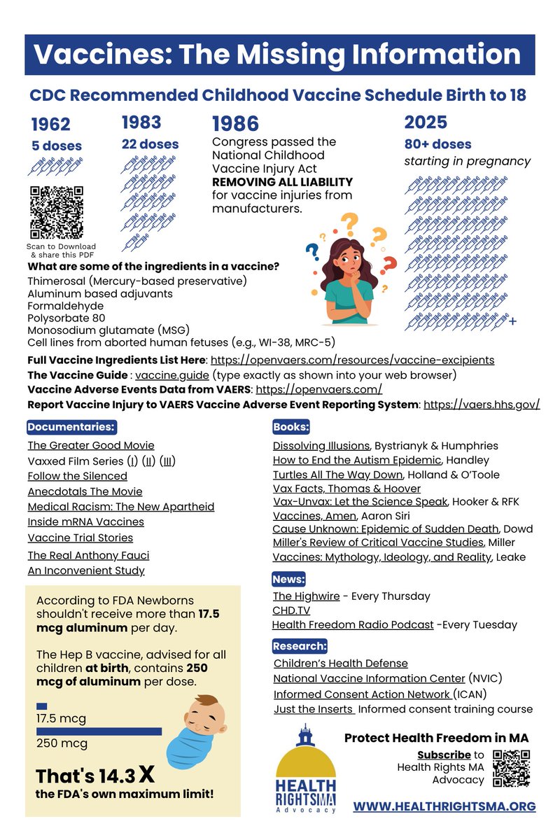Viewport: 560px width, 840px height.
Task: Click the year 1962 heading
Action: [x=51, y=125]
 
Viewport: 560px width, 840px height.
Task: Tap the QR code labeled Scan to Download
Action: [x=56, y=213]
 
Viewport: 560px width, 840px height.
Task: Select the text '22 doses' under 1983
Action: [x=150, y=144]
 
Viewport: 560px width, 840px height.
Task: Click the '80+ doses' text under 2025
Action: [x=437, y=144]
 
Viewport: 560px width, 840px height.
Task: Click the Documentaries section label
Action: [x=71, y=426]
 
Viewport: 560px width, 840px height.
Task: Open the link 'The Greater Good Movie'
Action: [x=91, y=445]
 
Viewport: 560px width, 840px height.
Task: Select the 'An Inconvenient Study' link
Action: [x=86, y=570]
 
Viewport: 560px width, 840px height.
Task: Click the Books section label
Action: [x=291, y=426]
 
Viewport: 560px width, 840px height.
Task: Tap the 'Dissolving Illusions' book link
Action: [x=321, y=445]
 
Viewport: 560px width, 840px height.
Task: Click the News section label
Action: [x=289, y=579]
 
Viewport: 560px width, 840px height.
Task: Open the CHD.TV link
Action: [x=290, y=610]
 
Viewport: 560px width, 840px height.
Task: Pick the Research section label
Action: [x=300, y=645]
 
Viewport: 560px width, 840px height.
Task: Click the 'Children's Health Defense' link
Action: [x=340, y=663]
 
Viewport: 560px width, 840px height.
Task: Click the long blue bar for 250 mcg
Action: [x=99, y=731]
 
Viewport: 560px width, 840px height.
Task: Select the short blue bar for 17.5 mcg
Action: [x=41, y=706]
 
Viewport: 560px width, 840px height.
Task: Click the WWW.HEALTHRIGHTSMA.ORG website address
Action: [x=444, y=806]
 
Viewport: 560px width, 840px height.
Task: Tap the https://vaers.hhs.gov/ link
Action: [x=482, y=405]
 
